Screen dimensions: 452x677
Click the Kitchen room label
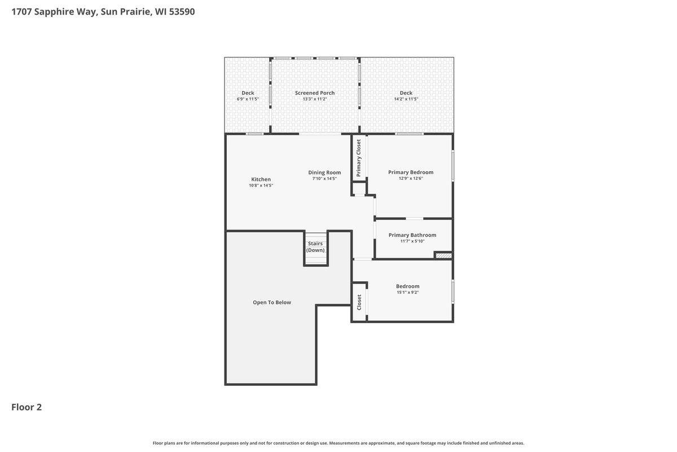point(261,179)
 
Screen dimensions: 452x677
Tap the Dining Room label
point(324,172)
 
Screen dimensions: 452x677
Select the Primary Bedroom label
point(411,172)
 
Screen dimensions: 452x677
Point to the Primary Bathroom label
point(412,235)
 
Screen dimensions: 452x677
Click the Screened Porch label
point(315,93)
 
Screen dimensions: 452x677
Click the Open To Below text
point(272,302)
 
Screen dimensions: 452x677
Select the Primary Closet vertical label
point(359,158)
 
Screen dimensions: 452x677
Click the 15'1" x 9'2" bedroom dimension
point(407,292)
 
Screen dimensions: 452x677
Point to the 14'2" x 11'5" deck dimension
point(406,99)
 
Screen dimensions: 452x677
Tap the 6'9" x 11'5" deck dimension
point(248,99)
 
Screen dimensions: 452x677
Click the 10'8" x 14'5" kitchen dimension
point(261,185)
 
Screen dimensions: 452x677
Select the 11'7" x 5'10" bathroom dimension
point(412,241)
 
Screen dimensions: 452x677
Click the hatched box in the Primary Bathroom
point(443,255)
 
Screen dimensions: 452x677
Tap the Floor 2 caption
point(27,407)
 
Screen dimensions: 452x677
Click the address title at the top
point(103,11)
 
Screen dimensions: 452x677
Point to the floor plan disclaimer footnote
point(338,443)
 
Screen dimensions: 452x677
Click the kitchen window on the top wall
point(255,134)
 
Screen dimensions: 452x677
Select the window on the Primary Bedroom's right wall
point(452,166)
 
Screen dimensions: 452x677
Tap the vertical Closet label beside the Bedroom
point(359,302)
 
